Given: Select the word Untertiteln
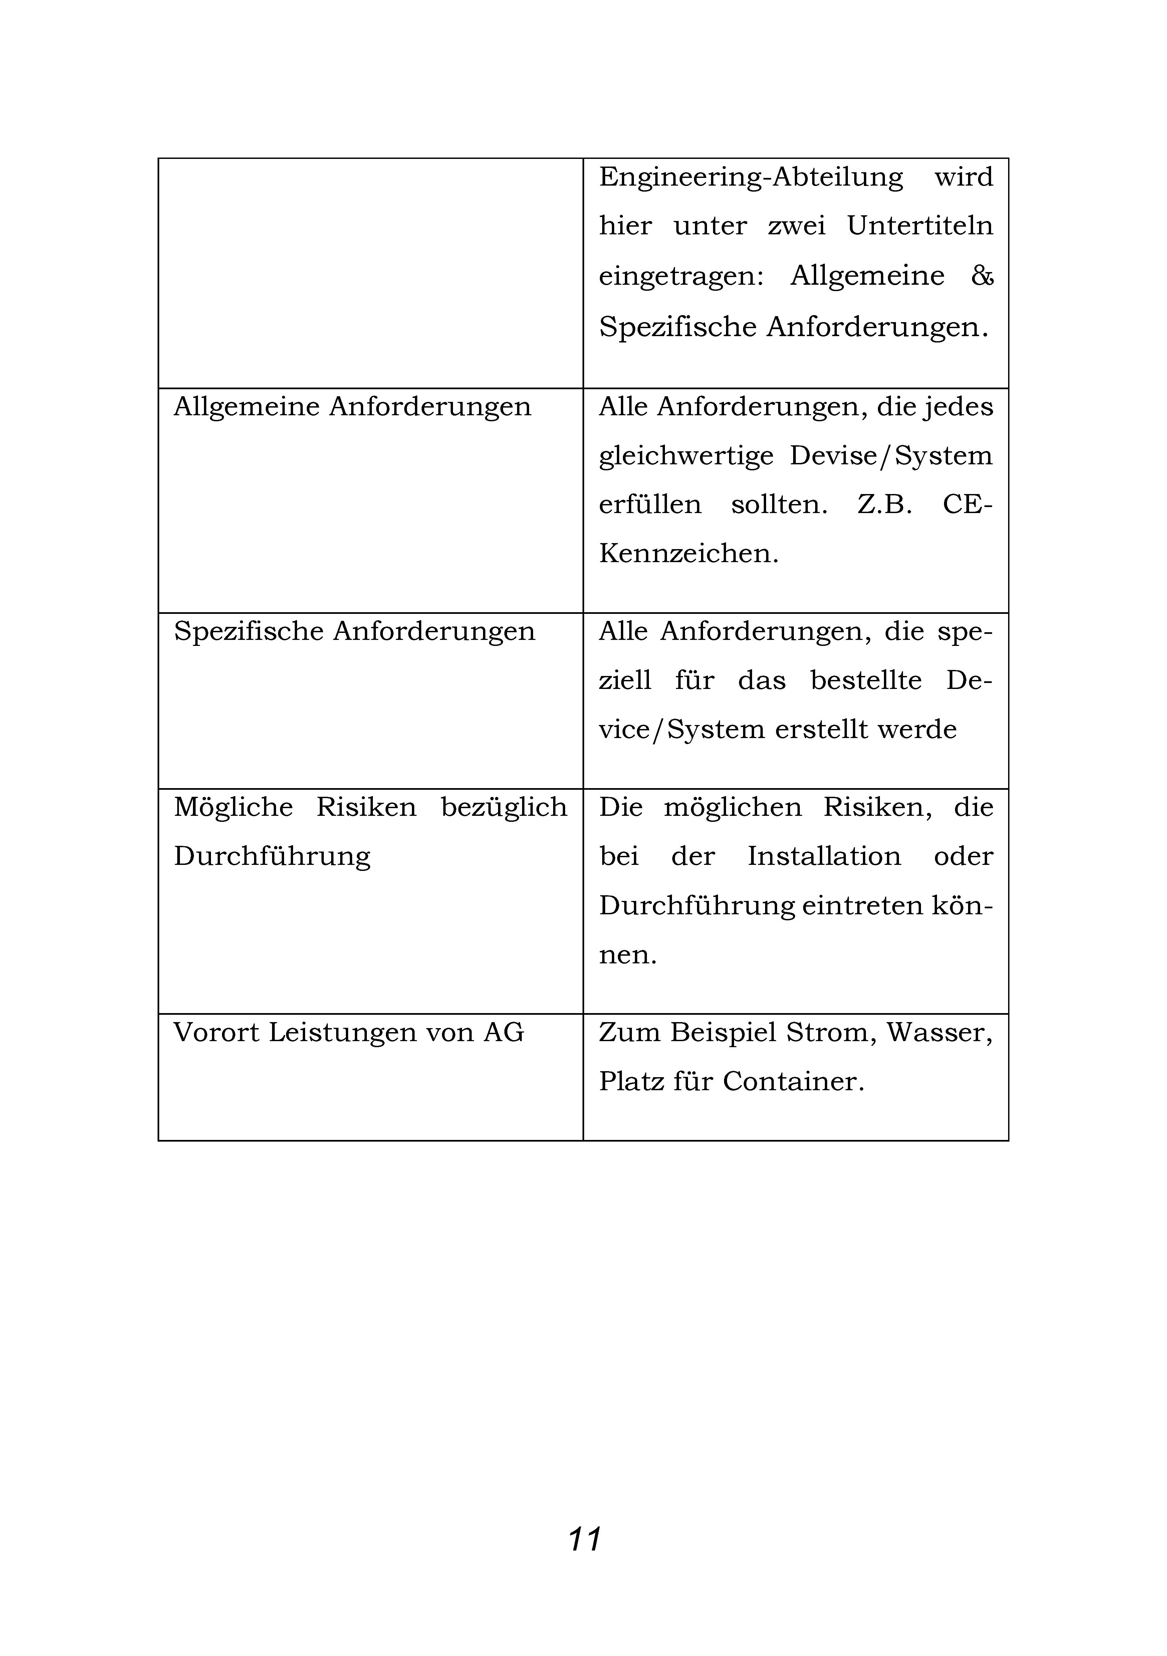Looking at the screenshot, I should [x=920, y=226].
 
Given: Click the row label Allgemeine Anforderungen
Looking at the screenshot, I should [x=352, y=408].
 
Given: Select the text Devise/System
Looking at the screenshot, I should [x=891, y=457].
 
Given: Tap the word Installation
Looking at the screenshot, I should [x=824, y=857].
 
